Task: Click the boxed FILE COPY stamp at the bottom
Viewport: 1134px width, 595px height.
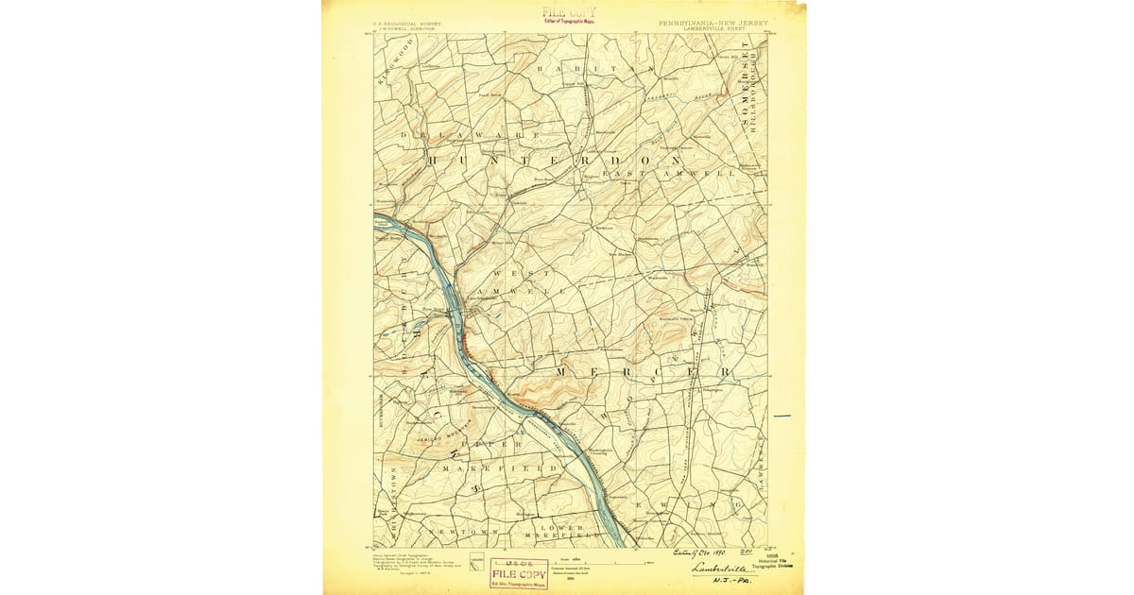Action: [518, 573]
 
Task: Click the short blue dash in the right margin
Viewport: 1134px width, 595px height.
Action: [782, 416]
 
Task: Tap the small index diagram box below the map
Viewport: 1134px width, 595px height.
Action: [478, 559]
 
